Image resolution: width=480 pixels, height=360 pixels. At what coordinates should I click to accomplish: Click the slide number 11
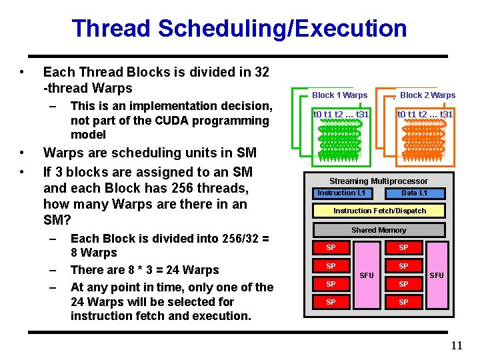pyautogui.click(x=456, y=345)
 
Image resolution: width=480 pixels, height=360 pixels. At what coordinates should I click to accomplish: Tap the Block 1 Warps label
pyautogui.click(x=339, y=95)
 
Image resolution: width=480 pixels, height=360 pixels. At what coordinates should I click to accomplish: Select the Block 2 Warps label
pyautogui.click(x=427, y=95)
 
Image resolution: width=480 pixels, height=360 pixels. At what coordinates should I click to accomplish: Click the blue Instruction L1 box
pyautogui.click(x=341, y=193)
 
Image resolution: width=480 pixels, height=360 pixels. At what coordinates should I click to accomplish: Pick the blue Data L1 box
pyautogui.click(x=414, y=193)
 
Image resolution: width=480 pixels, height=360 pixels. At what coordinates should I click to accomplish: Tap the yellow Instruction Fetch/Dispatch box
pyautogui.click(x=379, y=211)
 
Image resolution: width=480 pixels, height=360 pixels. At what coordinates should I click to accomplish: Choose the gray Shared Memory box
pyautogui.click(x=379, y=230)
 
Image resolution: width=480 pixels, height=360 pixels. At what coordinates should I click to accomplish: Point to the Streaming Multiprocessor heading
pyautogui.click(x=379, y=181)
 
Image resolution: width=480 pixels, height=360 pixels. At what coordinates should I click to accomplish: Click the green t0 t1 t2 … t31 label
pyautogui.click(x=341, y=114)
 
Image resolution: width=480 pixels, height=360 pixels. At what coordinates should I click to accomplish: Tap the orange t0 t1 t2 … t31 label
pyautogui.click(x=425, y=114)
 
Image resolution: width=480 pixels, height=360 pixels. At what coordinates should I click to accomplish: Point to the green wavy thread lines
pyautogui.click(x=340, y=141)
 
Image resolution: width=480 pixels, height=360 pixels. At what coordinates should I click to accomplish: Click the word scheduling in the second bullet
pyautogui.click(x=139, y=153)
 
